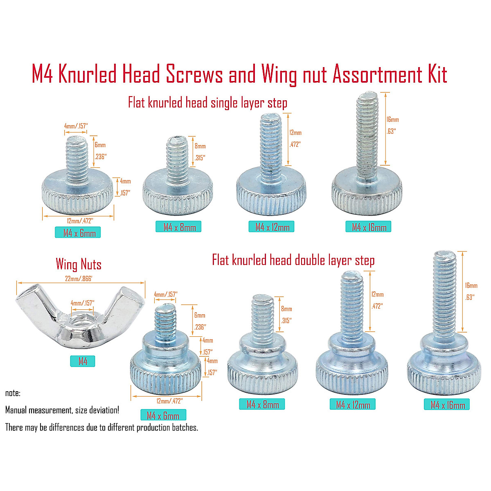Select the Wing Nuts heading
79,264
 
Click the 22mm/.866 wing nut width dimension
78,279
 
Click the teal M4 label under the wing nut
83,361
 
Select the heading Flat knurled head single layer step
207,103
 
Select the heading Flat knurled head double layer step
293,260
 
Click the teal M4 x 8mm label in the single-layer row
178,226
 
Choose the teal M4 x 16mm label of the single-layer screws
368,226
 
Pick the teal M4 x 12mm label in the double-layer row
353,404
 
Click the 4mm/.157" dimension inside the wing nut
83,303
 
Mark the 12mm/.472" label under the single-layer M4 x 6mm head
80,221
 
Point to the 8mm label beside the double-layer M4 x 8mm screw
286,309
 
